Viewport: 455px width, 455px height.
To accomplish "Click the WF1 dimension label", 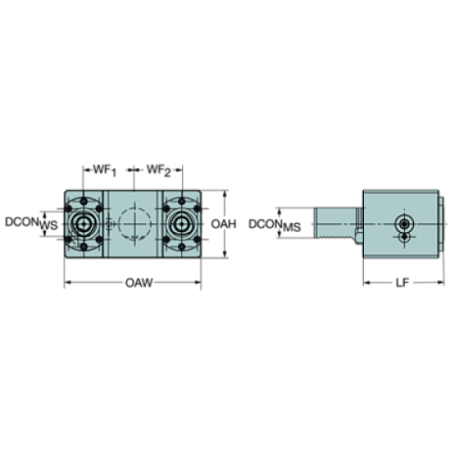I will click(x=102, y=171).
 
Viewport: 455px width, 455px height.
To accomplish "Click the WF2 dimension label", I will click(x=160, y=171).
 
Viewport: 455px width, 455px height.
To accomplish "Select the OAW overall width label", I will click(x=133, y=281).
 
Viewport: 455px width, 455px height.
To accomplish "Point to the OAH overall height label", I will click(x=225, y=224).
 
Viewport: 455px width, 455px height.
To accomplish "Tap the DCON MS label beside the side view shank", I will click(x=276, y=225).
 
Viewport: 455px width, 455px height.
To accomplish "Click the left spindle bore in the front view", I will click(x=85, y=224).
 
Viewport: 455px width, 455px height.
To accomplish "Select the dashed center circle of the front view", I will click(x=133, y=224).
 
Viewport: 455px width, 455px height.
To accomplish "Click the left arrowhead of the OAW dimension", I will click(x=68, y=281).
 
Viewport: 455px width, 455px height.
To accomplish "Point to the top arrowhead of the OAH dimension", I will click(x=225, y=193).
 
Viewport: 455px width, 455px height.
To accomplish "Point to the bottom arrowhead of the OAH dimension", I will click(x=225, y=255).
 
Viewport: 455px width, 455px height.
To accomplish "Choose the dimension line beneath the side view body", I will click(x=400, y=282).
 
